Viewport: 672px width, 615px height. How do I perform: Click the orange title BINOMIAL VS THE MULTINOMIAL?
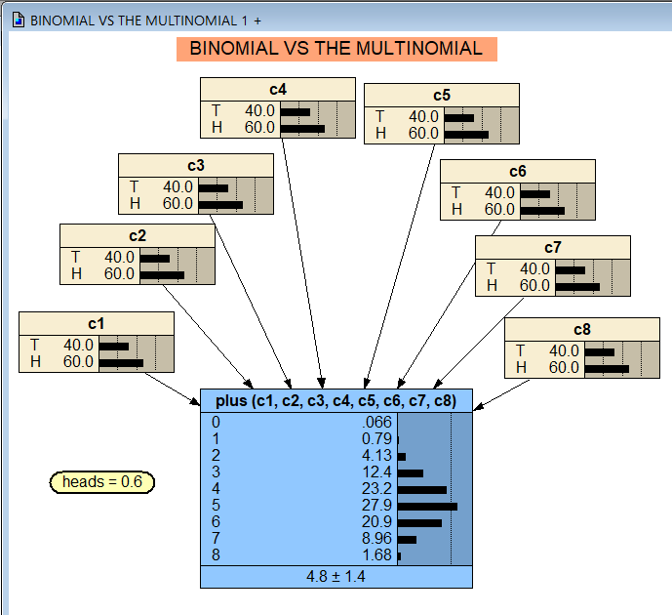pyautogui.click(x=336, y=49)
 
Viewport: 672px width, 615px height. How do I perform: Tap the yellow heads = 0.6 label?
pyautogui.click(x=102, y=482)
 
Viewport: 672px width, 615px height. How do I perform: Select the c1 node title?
pyautogui.click(x=96, y=323)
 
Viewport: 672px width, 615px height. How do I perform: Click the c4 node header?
pyautogui.click(x=277, y=90)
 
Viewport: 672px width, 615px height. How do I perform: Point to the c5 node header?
pyautogui.click(x=441, y=95)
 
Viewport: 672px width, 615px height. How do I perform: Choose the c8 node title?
pyautogui.click(x=581, y=329)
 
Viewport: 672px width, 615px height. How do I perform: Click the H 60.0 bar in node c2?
pyautogui.click(x=162, y=275)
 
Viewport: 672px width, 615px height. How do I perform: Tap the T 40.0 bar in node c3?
pyautogui.click(x=213, y=187)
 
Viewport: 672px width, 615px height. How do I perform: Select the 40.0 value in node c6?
pyautogui.click(x=499, y=193)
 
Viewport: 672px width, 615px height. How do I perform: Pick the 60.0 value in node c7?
pyautogui.click(x=534, y=286)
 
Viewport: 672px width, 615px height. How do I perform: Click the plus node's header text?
pyautogui.click(x=336, y=401)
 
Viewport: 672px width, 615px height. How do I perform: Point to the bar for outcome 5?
pyautogui.click(x=427, y=507)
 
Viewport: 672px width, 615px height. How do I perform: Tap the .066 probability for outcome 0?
pyautogui.click(x=376, y=423)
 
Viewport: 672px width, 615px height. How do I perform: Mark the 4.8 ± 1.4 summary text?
pyautogui.click(x=336, y=576)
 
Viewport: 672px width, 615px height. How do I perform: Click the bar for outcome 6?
pyautogui.click(x=419, y=523)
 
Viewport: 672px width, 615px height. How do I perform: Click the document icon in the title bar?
pyautogui.click(x=18, y=20)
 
